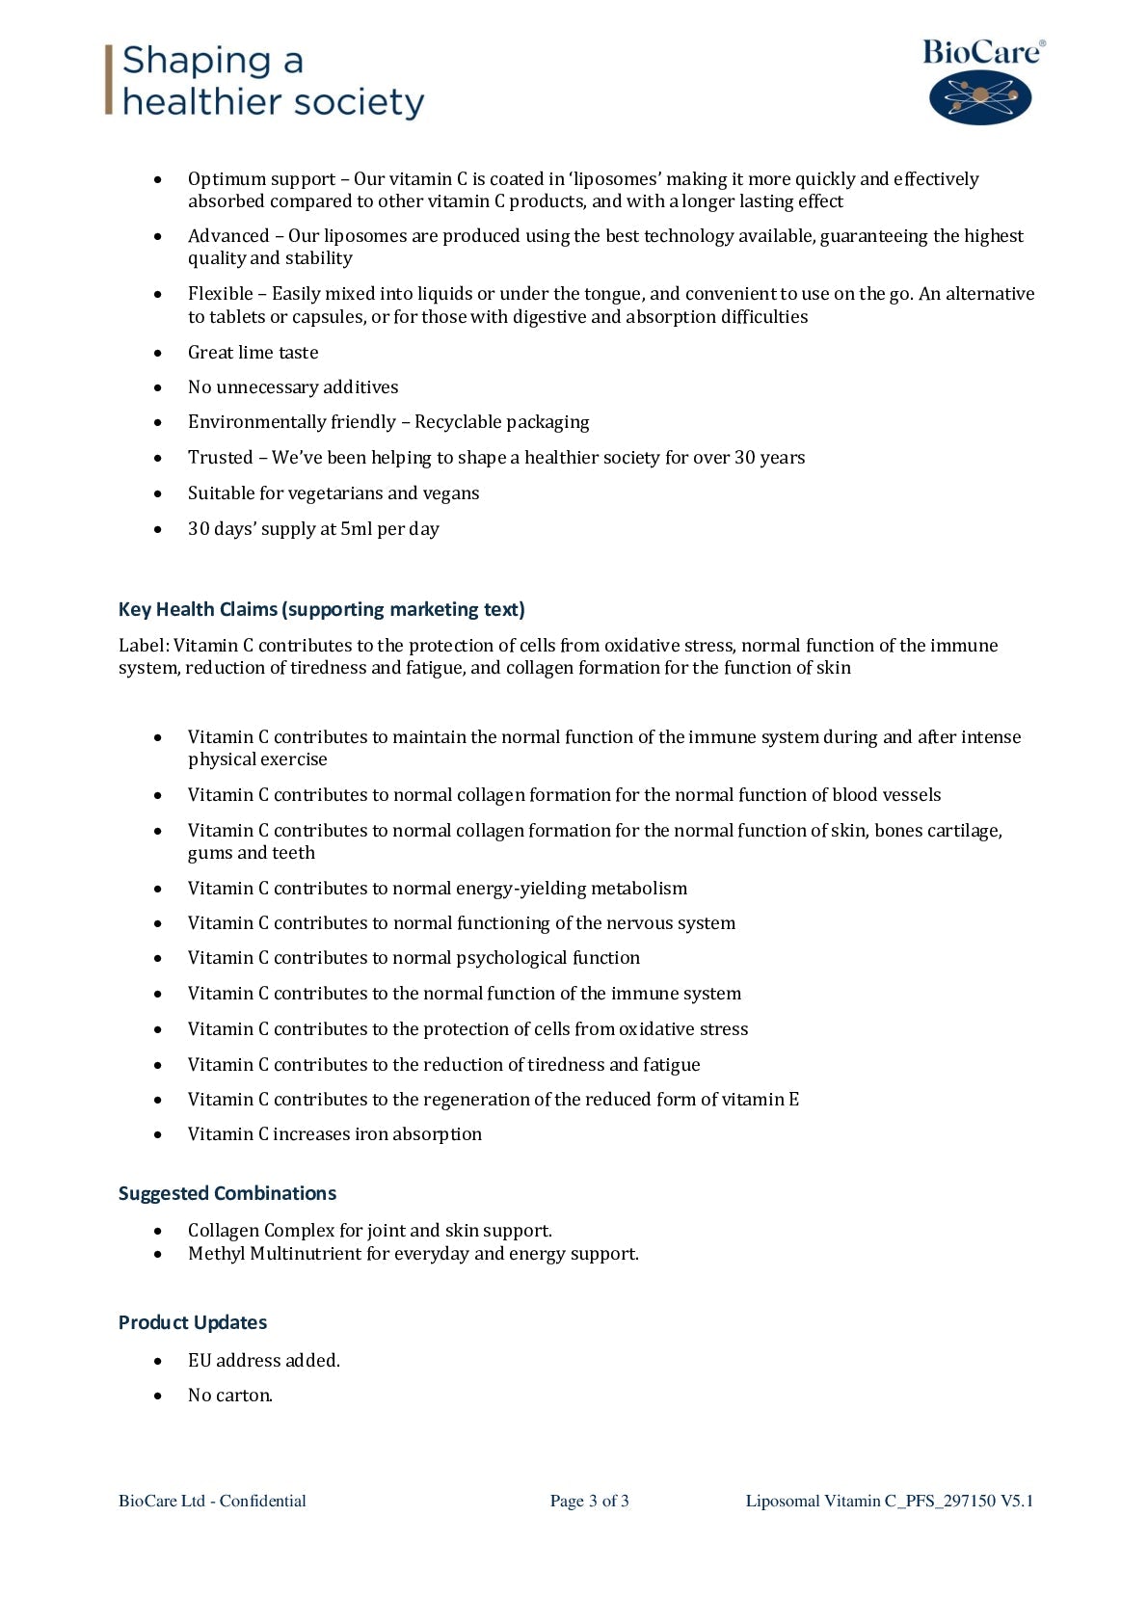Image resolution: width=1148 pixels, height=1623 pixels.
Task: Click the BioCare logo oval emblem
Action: [979, 96]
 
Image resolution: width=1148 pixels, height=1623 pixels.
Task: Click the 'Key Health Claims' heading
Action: [321, 609]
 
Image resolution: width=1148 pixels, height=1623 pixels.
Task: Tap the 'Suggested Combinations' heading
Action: [227, 1193]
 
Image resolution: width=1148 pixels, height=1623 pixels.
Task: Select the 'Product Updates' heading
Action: [192, 1322]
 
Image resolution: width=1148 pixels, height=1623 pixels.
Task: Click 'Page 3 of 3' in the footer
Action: [589, 1501]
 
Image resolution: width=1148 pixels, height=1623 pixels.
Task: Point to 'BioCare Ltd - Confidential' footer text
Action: [212, 1501]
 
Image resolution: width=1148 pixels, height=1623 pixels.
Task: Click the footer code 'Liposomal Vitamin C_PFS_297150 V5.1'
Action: [889, 1501]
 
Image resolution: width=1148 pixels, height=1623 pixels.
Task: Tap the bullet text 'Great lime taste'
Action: [253, 353]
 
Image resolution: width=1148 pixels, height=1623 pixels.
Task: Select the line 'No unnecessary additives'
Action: [293, 387]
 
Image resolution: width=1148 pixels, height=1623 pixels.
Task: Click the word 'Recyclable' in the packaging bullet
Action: [458, 422]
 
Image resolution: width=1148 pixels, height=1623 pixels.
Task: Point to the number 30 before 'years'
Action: [744, 458]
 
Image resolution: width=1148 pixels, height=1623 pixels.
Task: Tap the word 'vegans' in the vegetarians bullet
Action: [450, 493]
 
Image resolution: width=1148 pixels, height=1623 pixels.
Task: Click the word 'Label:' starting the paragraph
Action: [144, 646]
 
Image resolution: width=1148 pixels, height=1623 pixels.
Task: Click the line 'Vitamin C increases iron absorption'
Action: [334, 1134]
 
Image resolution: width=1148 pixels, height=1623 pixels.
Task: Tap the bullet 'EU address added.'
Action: [263, 1361]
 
